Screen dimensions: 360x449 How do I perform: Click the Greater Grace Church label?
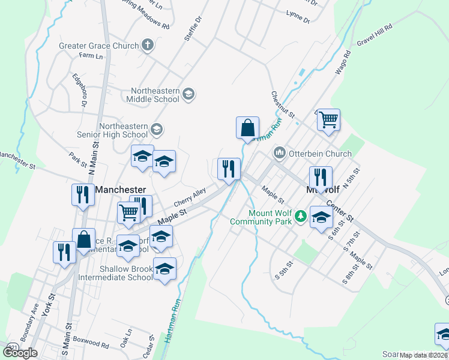point(99,45)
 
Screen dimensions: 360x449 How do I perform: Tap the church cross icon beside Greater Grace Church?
point(148,45)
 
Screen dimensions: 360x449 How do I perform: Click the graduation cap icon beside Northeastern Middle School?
point(188,94)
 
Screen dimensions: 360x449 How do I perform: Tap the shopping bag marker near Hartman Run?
point(247,128)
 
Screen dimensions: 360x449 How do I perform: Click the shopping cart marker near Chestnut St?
point(328,120)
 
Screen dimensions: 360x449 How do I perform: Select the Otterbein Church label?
point(320,154)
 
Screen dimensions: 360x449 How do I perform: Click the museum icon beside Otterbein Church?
point(279,154)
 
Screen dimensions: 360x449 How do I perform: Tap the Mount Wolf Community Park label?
point(262,217)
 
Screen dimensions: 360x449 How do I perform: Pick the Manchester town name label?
point(121,190)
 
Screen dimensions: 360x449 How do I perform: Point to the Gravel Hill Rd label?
point(374,35)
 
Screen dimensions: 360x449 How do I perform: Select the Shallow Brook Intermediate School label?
point(118,273)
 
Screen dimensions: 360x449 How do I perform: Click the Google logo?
point(20,352)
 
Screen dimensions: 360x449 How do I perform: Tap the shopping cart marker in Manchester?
point(129,212)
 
